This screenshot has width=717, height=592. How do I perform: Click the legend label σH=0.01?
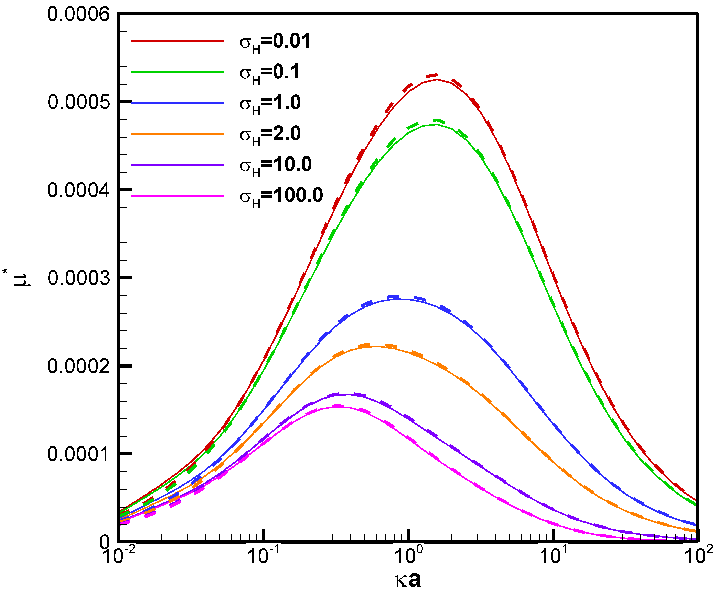pyautogui.click(x=275, y=42)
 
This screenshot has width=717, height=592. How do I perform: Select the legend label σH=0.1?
pyautogui.click(x=269, y=73)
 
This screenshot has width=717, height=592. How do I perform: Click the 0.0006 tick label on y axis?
pyautogui.click(x=78, y=15)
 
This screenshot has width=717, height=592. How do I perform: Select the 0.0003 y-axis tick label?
pyautogui.click(x=78, y=278)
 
